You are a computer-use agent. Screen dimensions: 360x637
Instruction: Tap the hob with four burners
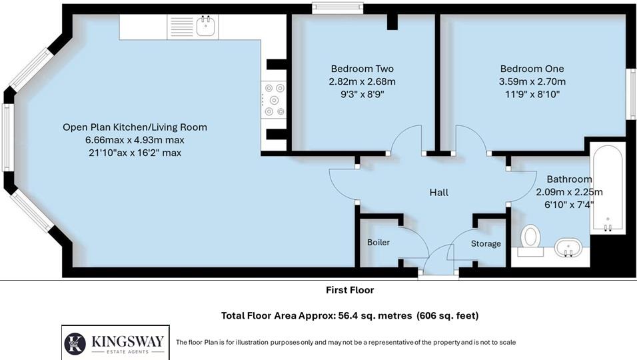(x=274, y=100)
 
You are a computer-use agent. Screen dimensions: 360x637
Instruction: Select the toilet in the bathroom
(x=530, y=237)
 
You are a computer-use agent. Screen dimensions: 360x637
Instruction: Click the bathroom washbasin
(x=568, y=248)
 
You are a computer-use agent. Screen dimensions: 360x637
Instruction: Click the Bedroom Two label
(x=362, y=69)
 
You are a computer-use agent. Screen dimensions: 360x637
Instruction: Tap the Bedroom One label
(x=532, y=69)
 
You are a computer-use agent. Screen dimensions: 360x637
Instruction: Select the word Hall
(x=438, y=193)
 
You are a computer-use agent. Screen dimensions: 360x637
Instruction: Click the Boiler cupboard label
(x=378, y=243)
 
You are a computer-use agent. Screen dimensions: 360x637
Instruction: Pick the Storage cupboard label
(x=486, y=244)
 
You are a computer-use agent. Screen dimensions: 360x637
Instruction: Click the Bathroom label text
(x=569, y=179)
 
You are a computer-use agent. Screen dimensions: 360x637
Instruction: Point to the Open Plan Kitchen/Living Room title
(x=135, y=127)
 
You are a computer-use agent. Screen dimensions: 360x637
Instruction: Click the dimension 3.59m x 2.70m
(x=532, y=81)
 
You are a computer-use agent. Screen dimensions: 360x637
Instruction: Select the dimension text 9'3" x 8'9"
(x=362, y=94)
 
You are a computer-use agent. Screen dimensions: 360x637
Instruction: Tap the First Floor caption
(x=350, y=290)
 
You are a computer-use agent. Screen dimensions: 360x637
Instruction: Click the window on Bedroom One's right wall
(x=631, y=93)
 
